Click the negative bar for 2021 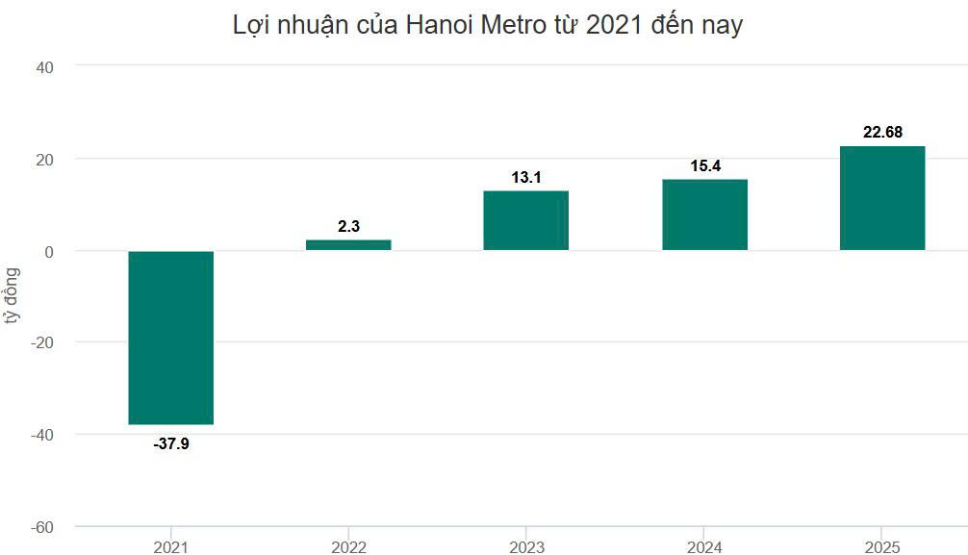point(171,337)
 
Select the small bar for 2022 point(348,244)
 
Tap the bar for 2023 point(525,220)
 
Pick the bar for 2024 point(704,214)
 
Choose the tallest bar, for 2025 point(882,198)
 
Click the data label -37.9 point(171,444)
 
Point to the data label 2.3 point(348,226)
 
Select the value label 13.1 point(526,177)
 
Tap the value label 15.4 point(705,166)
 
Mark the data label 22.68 point(882,133)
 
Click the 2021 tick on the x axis point(171,546)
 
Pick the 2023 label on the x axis point(525,546)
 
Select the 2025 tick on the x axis point(882,546)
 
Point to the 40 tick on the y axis point(45,66)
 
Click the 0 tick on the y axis point(49,251)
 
